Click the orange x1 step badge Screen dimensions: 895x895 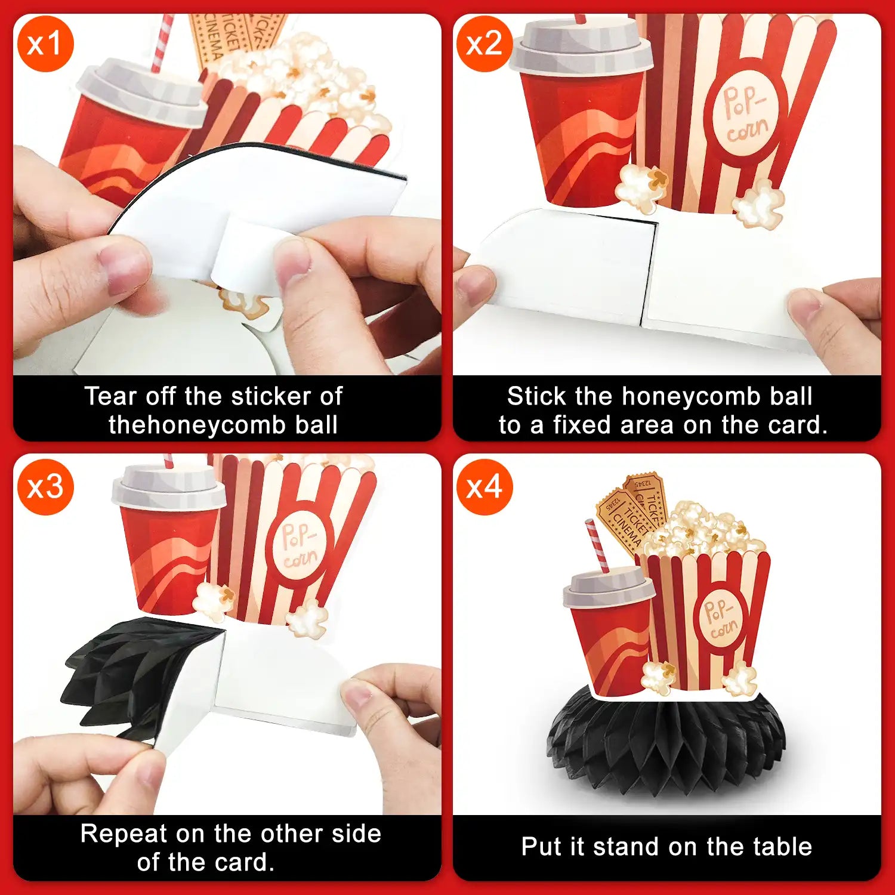[45, 44]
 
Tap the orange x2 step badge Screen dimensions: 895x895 [484, 44]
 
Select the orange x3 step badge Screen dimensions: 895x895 [45, 487]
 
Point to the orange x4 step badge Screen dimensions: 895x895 [484, 487]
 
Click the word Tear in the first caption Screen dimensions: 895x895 [112, 396]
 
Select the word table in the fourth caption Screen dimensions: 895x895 [782, 847]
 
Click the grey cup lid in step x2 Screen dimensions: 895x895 [582, 47]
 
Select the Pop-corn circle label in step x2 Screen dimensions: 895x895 [745, 115]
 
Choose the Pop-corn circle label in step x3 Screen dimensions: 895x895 [300, 545]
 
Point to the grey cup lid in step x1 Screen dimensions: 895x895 [142, 92]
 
